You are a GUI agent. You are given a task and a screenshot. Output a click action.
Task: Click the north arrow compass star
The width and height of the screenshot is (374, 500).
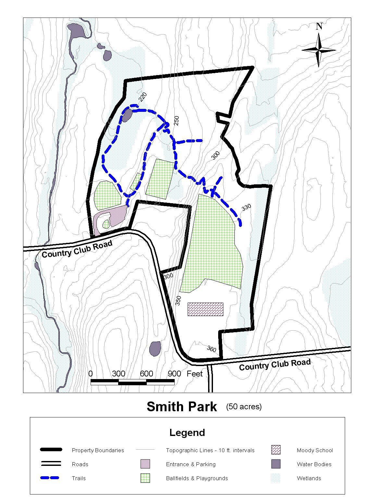[x=319, y=50]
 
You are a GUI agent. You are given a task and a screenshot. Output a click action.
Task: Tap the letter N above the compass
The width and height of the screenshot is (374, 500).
[x=319, y=26]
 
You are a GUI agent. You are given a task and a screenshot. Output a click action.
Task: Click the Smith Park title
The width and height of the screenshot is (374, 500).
[x=181, y=407]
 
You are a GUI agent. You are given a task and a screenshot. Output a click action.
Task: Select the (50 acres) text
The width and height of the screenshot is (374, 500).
[x=244, y=407]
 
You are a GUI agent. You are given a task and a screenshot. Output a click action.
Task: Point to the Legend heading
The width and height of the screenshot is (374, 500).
[x=187, y=433]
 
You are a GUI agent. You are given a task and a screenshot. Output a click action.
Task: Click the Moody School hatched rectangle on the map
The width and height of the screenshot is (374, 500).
[x=206, y=309]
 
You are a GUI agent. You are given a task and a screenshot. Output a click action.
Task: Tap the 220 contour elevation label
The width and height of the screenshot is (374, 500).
[x=143, y=97]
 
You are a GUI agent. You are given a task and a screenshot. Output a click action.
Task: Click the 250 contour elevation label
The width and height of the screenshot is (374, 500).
[x=176, y=120]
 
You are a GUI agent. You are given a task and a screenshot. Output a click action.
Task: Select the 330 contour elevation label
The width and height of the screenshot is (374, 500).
[x=246, y=207]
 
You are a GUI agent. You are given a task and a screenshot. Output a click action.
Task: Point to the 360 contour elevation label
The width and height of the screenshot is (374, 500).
[x=211, y=349]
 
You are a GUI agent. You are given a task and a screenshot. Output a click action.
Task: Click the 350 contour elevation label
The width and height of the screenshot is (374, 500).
[x=178, y=301]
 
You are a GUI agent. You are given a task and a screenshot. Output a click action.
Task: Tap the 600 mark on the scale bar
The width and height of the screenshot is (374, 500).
[x=146, y=374]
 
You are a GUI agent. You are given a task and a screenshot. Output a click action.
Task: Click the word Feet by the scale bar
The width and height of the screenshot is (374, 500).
[x=194, y=374]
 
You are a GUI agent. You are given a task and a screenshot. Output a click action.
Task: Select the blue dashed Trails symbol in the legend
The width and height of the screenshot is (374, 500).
[x=50, y=478]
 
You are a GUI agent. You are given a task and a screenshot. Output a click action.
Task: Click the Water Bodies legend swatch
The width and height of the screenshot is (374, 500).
[x=276, y=464]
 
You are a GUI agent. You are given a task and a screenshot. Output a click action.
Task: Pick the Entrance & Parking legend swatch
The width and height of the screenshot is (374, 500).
[x=145, y=464]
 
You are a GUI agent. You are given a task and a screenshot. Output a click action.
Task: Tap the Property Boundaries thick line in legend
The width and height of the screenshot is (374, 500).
[x=51, y=450]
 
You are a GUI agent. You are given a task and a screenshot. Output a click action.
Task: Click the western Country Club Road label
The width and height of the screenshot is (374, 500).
[x=77, y=249]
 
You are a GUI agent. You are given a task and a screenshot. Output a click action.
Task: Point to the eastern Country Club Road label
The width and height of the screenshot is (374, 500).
[x=275, y=365]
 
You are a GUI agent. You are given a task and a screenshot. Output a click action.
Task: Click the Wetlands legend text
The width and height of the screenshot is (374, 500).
[x=309, y=478]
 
